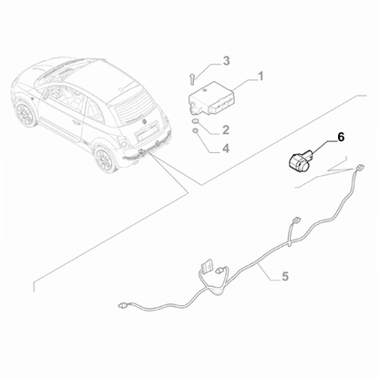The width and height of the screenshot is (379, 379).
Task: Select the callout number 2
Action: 226,130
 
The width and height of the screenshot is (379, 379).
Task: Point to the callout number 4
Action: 226,147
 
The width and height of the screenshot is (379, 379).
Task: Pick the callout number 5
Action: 285,274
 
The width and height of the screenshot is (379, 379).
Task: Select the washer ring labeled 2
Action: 199,120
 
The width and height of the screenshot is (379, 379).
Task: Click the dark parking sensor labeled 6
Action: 298,160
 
